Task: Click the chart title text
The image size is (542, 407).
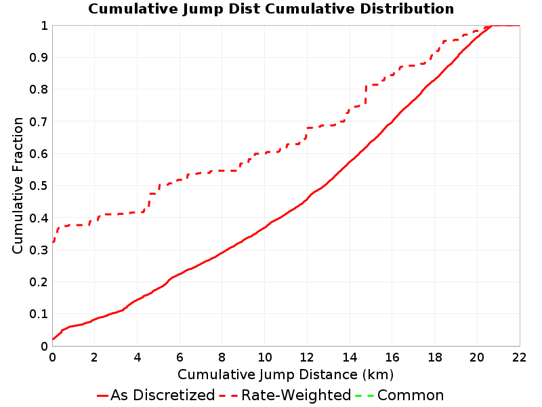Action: tap(271, 9)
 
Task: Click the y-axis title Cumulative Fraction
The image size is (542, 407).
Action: tap(18, 185)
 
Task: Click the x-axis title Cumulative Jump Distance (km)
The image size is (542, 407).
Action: tap(285, 374)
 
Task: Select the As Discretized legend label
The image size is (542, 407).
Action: tap(163, 395)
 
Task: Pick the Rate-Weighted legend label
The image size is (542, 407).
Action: tap(296, 395)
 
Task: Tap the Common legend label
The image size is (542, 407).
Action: tap(411, 395)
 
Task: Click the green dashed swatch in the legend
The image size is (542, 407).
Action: tap(364, 395)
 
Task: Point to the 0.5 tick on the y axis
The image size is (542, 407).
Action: tap(39, 186)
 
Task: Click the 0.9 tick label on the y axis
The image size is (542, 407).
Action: tap(39, 58)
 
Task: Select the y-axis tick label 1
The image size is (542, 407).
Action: tap(44, 25)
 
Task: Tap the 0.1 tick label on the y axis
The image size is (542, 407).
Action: tap(39, 314)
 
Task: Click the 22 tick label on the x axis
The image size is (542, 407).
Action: tap(519, 357)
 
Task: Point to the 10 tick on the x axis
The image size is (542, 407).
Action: tap(264, 357)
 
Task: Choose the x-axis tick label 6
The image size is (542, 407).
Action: tap(180, 357)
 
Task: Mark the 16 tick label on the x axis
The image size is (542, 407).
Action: tap(392, 357)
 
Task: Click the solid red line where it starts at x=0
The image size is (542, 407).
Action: tap(53, 338)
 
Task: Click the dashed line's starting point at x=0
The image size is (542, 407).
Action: tap(53, 242)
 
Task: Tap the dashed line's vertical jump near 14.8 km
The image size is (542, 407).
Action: tap(366, 94)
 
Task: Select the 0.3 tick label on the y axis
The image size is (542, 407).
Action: tap(39, 250)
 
